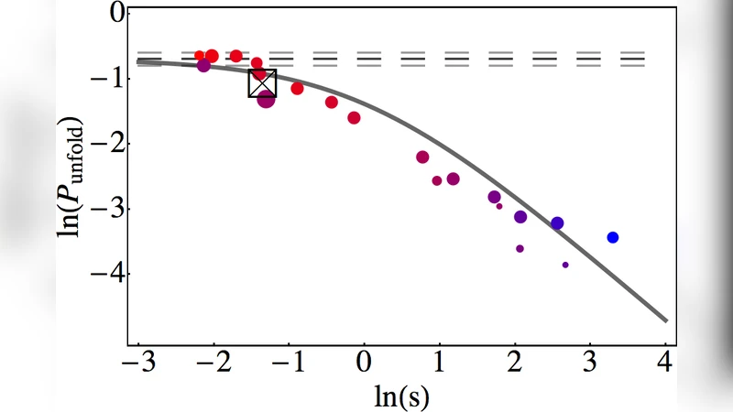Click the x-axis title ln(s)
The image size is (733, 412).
click(x=403, y=396)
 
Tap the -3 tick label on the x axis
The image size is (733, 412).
click(x=137, y=364)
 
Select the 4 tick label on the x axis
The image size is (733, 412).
click(x=664, y=364)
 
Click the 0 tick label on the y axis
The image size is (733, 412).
click(x=115, y=14)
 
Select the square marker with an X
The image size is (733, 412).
click(x=263, y=83)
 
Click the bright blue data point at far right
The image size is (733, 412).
click(x=613, y=237)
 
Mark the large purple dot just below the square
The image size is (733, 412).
click(x=267, y=99)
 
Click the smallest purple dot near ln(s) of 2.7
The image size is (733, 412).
click(x=565, y=265)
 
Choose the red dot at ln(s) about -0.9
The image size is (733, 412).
click(x=297, y=89)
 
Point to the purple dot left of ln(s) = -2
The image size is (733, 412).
click(x=203, y=65)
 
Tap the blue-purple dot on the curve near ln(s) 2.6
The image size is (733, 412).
click(x=557, y=223)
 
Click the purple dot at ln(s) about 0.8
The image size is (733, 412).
click(x=422, y=157)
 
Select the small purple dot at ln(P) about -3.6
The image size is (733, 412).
click(x=520, y=248)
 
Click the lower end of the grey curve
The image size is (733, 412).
click(x=665, y=320)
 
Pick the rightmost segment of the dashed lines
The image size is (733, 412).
click(x=632, y=59)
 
